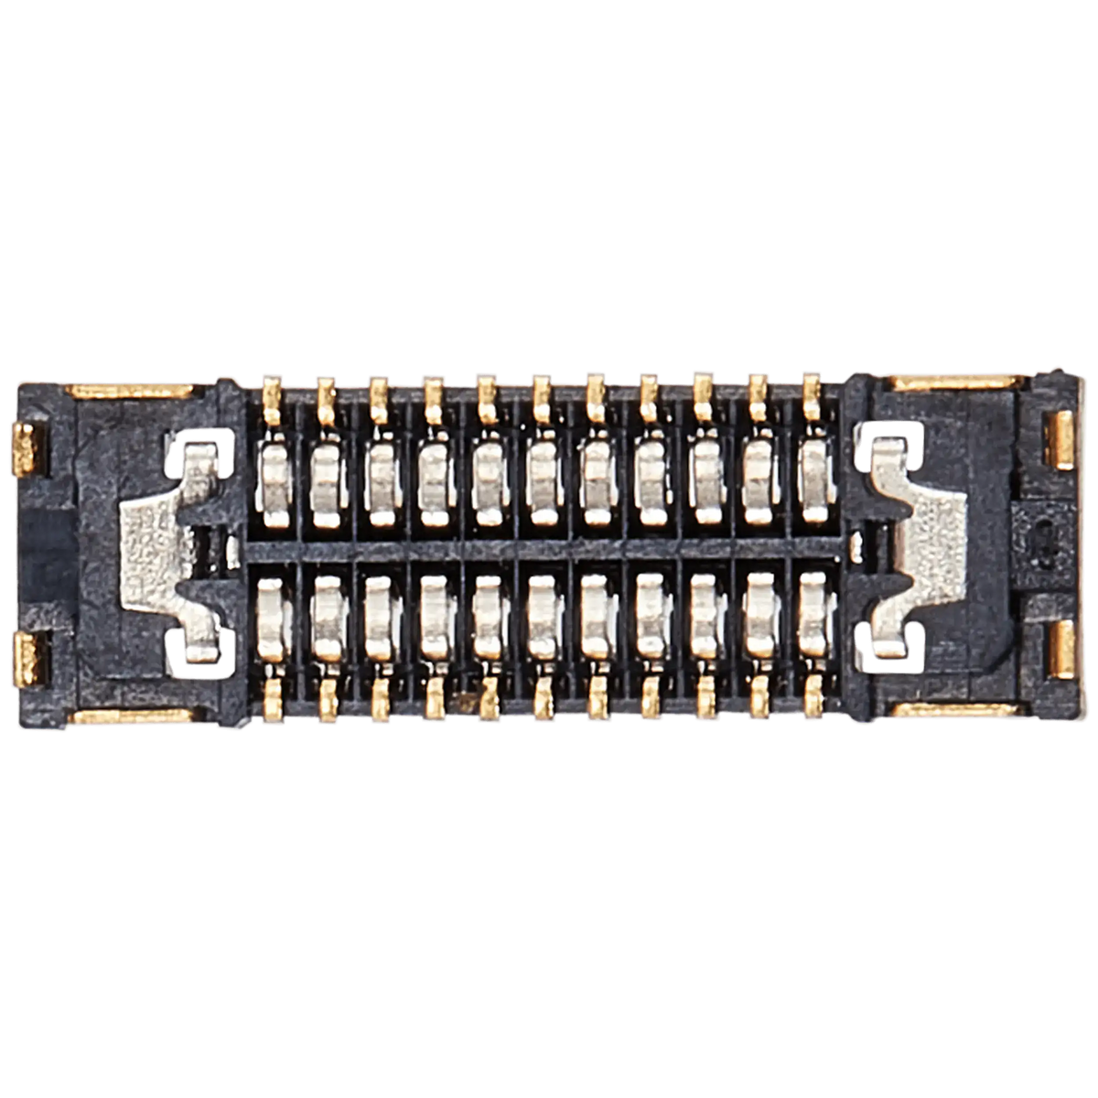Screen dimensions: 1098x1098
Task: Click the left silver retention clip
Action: (x=156, y=549)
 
